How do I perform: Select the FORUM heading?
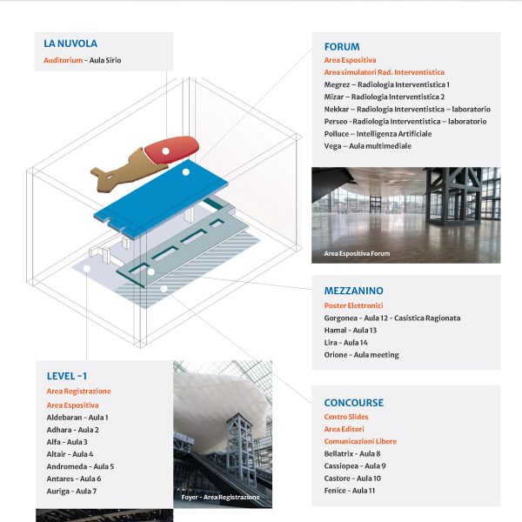point(341,47)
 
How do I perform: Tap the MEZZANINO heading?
point(353,291)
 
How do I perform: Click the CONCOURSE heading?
point(353,403)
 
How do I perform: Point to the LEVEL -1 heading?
point(67,376)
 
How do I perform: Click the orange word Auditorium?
point(63,61)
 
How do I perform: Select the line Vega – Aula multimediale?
point(367,146)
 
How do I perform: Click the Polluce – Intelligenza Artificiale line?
point(378,134)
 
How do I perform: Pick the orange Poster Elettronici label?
point(353,305)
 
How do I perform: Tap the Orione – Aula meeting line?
point(361,355)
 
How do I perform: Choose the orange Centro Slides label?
point(347,418)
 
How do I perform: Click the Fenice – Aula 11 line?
point(349,491)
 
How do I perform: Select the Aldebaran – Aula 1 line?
point(77,418)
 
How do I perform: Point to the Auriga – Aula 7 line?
point(71,492)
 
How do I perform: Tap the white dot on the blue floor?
point(185,173)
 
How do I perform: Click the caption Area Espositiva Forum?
point(357,253)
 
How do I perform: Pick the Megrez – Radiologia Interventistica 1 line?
point(386,84)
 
